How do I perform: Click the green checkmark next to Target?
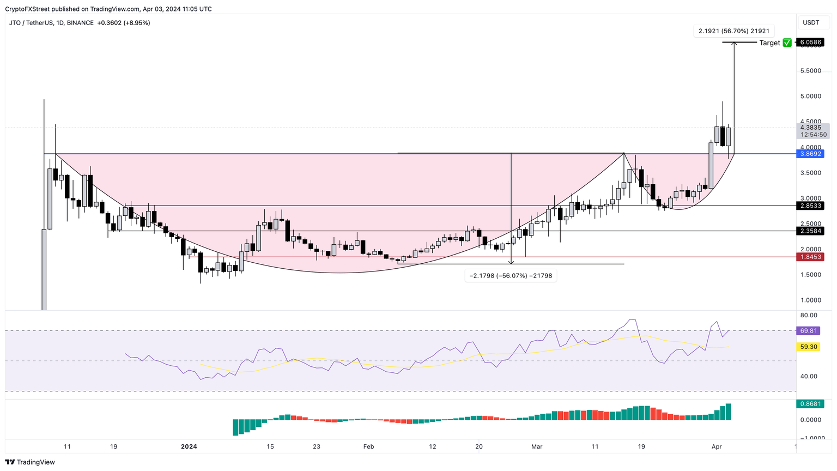click(x=787, y=43)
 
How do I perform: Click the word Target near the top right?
click(x=769, y=43)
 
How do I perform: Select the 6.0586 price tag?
click(x=811, y=43)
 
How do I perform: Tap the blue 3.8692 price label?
click(x=811, y=154)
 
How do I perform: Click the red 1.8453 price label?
click(x=811, y=257)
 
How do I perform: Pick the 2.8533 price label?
click(x=811, y=206)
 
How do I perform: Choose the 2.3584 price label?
click(x=811, y=231)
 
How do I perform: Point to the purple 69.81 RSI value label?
click(x=809, y=331)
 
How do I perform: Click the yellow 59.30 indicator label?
click(x=809, y=347)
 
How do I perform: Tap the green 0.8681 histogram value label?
click(x=811, y=404)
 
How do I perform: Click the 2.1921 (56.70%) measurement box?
click(x=734, y=31)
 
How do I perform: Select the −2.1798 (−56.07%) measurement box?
click(x=511, y=276)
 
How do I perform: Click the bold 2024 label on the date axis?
click(x=189, y=447)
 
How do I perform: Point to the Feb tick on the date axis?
click(x=369, y=447)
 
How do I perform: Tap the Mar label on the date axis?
click(x=537, y=447)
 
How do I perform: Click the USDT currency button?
click(x=811, y=22)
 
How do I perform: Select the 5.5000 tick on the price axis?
click(x=811, y=71)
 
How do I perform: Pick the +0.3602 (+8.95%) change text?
click(x=123, y=23)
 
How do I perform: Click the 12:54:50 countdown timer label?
click(x=814, y=135)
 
